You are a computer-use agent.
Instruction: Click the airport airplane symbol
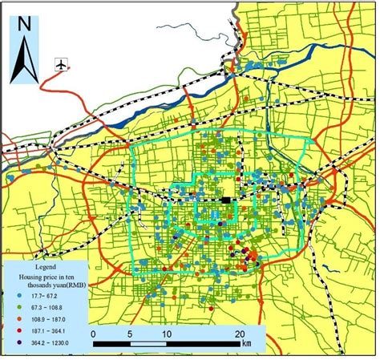pyautogui.click(x=60, y=65)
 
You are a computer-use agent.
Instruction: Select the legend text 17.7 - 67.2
pyautogui.click(x=43, y=295)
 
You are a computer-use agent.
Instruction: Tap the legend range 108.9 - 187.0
pyautogui.click(x=46, y=318)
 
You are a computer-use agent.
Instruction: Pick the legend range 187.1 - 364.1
pyautogui.click(x=46, y=330)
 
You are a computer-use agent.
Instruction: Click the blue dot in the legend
pyautogui.click(x=19, y=295)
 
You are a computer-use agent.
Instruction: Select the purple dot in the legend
pyautogui.click(x=19, y=342)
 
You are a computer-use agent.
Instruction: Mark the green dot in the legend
pyautogui.click(x=19, y=307)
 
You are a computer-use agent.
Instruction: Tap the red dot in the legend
pyautogui.click(x=19, y=330)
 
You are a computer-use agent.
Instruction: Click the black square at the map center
pyautogui.click(x=227, y=200)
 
